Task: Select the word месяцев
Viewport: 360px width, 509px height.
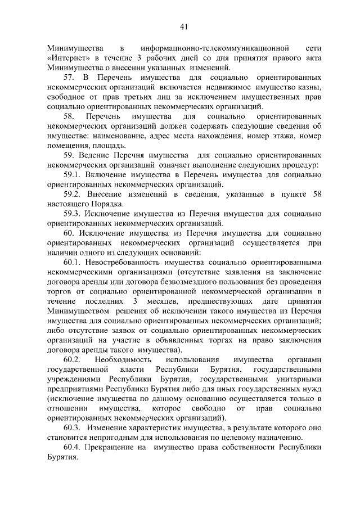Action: (x=168, y=300)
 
